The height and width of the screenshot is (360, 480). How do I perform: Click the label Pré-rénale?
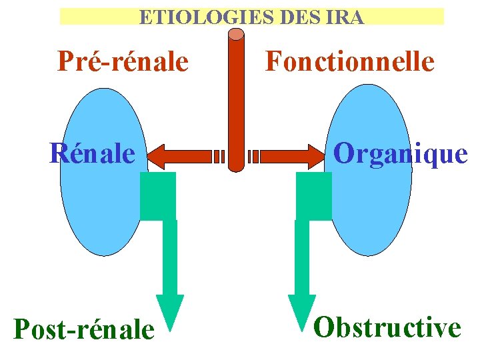point(123,61)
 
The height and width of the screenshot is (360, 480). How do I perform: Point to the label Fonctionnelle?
point(350,61)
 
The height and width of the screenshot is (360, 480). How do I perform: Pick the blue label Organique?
point(400,153)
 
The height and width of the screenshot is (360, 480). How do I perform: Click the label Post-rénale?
point(83,329)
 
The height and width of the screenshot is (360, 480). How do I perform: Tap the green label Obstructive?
point(387,327)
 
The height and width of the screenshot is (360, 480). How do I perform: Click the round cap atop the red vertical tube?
point(236,34)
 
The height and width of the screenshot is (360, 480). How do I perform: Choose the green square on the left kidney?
point(158,196)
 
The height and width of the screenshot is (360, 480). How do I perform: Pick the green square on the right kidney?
point(313,196)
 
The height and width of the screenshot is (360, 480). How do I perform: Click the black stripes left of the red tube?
point(219,156)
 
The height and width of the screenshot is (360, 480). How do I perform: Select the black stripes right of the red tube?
point(253,156)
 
